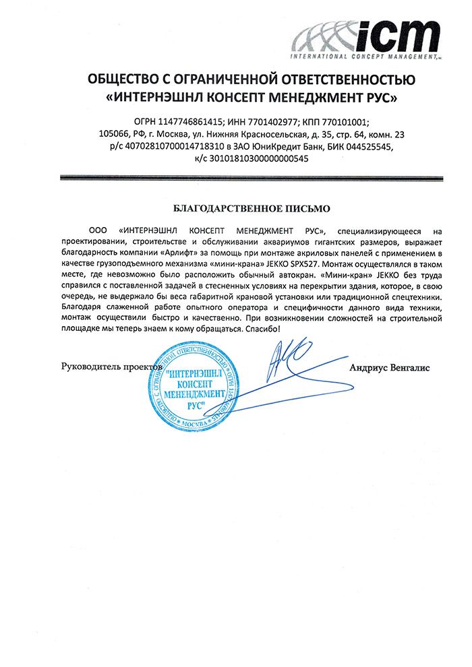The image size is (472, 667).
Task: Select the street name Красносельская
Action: pyautogui.click(x=297, y=133)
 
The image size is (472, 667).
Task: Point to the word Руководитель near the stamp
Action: pyautogui.click(x=90, y=367)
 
